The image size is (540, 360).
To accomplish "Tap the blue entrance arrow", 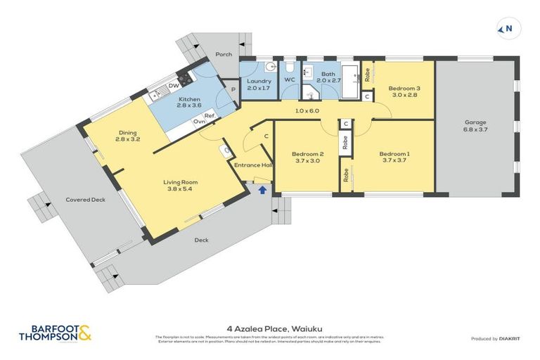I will pos(263,189).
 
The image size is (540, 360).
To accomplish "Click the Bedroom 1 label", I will pos(393,154).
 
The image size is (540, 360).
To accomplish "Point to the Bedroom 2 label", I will pos(307,154).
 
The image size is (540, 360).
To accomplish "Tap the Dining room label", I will pos(127,132).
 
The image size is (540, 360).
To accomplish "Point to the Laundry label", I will pos(259,81).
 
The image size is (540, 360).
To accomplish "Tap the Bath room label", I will pos(328,74).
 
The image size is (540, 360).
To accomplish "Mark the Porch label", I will pos(224,54).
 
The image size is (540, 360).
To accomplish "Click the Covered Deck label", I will pos(85,200).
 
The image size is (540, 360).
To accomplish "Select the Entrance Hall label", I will pos(253,165).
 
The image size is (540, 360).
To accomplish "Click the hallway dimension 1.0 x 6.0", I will pos(307,110).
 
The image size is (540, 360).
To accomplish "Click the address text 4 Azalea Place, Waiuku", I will pos(269,327).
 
